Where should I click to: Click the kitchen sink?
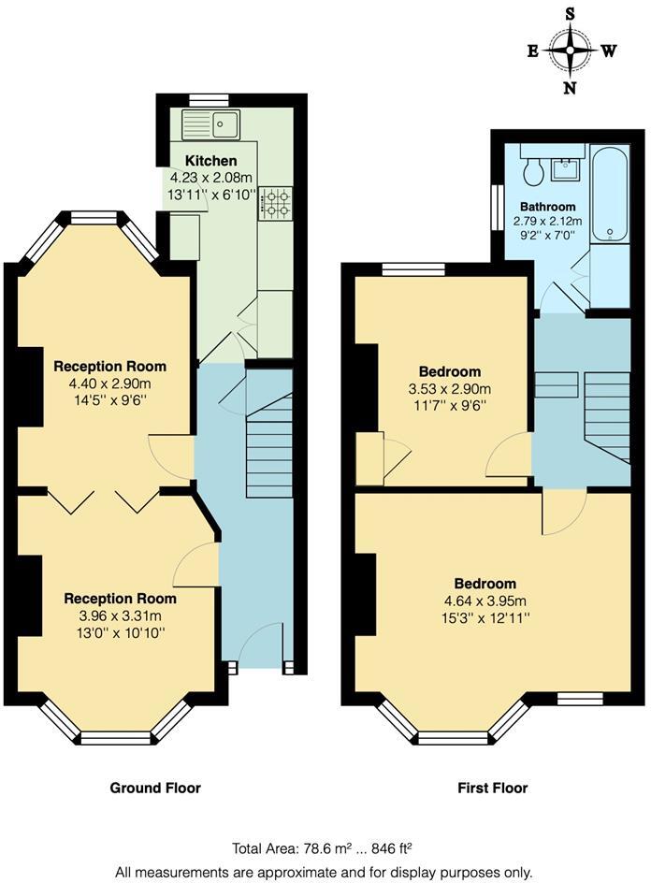click(211, 123)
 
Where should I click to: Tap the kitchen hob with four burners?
click(275, 203)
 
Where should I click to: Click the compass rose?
click(571, 51)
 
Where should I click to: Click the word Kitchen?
click(210, 161)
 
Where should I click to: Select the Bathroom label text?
click(548, 207)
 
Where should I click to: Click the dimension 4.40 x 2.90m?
click(109, 383)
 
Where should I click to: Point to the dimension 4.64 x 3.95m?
click(485, 601)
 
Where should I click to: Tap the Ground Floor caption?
click(155, 788)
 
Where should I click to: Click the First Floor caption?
click(492, 788)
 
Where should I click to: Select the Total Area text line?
click(323, 848)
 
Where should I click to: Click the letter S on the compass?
click(571, 13)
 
